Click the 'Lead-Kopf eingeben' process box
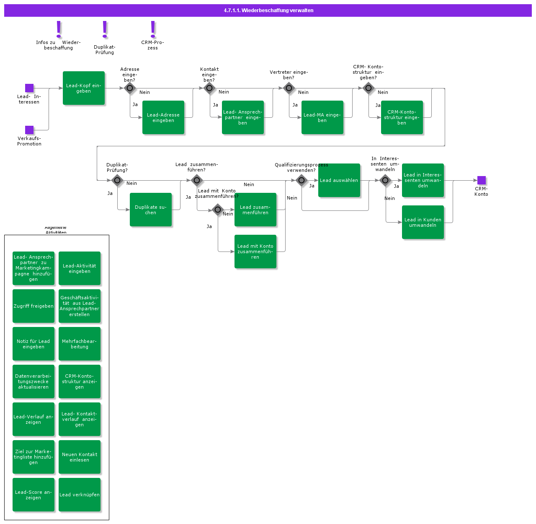pyautogui.click(x=84, y=88)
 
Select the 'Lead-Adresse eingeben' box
pyautogui.click(x=163, y=117)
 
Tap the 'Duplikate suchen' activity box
pyautogui.click(x=151, y=210)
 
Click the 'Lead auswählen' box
pyautogui.click(x=339, y=180)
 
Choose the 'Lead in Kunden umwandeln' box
pyautogui.click(x=423, y=222)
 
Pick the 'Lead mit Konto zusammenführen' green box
pyautogui.click(x=255, y=252)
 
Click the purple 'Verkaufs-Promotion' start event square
pyautogui.click(x=29, y=130)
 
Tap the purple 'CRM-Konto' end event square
pyautogui.click(x=482, y=180)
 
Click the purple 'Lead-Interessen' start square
pyautogui.click(x=29, y=88)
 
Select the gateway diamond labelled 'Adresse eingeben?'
pyautogui.click(x=130, y=88)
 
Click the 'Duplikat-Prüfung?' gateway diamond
pyautogui.click(x=117, y=180)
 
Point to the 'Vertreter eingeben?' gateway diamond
pyautogui.click(x=289, y=88)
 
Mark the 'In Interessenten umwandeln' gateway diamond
pyautogui.click(x=385, y=180)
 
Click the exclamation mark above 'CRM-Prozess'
pyautogui.click(x=153, y=29)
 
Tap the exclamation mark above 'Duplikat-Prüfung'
pyautogui.click(x=105, y=29)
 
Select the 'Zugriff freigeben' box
pyautogui.click(x=33, y=306)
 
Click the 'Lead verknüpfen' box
pyautogui.click(x=80, y=495)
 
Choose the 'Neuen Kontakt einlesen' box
pyautogui.click(x=80, y=457)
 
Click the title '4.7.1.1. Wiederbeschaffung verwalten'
pyautogui.click(x=268, y=10)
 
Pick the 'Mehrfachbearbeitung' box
pyautogui.click(x=80, y=344)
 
